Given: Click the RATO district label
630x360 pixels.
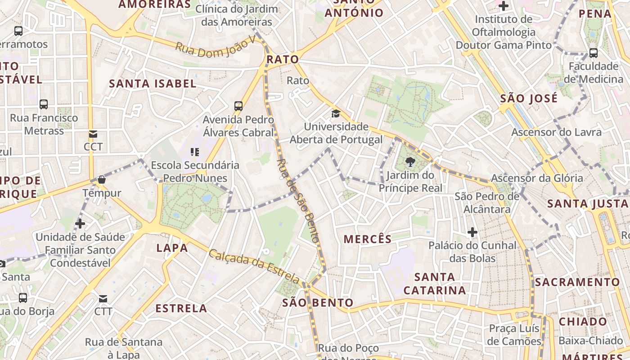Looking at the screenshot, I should (x=283, y=59).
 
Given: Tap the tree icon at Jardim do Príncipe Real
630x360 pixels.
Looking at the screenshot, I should (x=410, y=162).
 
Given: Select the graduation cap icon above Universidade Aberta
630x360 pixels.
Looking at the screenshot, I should (x=336, y=113).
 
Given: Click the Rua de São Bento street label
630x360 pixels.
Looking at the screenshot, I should (x=298, y=200).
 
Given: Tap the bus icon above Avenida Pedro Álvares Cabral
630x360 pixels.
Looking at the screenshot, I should (x=238, y=106).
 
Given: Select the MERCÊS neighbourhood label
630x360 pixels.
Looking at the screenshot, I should (x=368, y=239).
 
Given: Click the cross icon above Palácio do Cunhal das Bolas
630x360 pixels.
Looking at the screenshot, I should (x=472, y=232).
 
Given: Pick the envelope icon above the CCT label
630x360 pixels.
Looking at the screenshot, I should (x=93, y=134).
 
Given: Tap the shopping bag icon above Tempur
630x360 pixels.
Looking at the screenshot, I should (x=102, y=180).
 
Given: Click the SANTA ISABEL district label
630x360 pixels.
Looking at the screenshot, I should (x=153, y=83).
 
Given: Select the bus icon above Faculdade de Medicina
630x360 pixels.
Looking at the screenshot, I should (x=594, y=53).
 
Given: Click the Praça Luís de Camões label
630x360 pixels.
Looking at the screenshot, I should (x=515, y=335).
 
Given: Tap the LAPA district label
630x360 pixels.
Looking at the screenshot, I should (x=172, y=248).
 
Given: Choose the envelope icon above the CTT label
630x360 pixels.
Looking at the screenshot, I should (x=103, y=298).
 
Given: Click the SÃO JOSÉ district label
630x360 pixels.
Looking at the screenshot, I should (x=529, y=98).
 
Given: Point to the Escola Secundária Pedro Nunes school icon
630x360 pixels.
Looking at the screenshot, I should (x=195, y=152).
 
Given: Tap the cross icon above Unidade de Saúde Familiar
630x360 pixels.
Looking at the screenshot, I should (x=80, y=223).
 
